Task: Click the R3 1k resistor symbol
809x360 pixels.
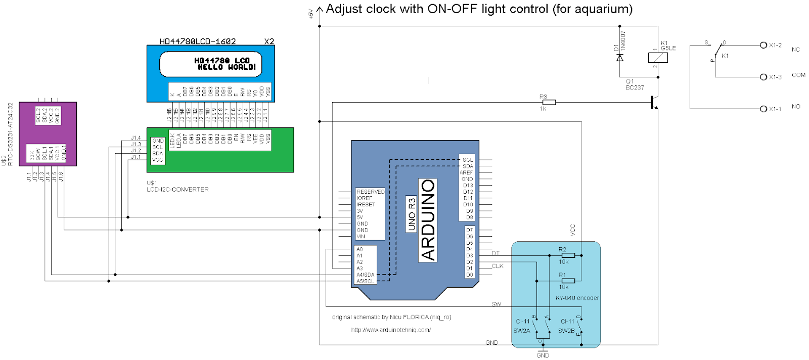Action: point(549,103)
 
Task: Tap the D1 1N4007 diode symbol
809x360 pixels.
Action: point(620,58)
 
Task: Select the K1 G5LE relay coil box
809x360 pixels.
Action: point(658,58)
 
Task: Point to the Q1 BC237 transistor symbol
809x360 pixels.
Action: point(654,103)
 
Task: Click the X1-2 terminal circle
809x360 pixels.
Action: point(763,46)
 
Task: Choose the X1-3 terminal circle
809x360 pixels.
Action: point(763,77)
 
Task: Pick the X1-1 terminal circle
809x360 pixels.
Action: point(763,109)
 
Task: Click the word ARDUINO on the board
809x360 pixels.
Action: point(428,220)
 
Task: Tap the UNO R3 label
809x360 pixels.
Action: point(412,214)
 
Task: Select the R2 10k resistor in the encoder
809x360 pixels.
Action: point(568,255)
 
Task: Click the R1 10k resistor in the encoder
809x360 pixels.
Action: point(568,281)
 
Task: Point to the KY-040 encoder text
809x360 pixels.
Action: point(577,298)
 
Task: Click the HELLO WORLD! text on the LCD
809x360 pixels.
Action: point(227,67)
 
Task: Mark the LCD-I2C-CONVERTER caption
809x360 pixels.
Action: point(177,190)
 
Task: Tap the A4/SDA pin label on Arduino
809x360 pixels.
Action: point(365,275)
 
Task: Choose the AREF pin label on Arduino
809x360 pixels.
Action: point(466,172)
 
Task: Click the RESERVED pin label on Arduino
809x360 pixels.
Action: point(370,192)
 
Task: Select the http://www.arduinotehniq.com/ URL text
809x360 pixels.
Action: point(391,330)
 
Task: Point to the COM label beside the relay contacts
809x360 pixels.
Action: point(798,75)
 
